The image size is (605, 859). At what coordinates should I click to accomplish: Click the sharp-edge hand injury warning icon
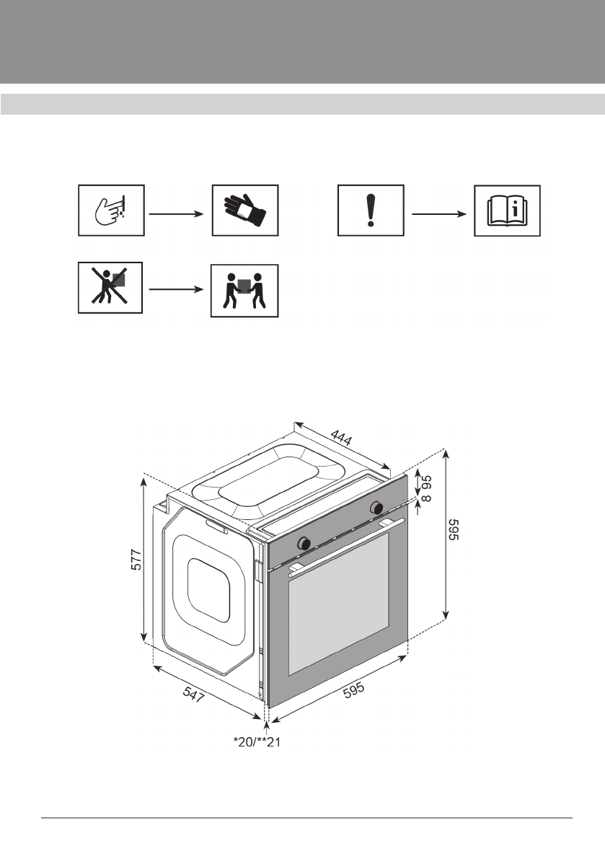(112, 210)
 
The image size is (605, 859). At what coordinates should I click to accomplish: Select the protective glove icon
(244, 210)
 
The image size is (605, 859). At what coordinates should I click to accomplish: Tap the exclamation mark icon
(371, 210)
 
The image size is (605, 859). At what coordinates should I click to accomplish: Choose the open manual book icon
(508, 210)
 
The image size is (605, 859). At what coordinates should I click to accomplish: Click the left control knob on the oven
(306, 542)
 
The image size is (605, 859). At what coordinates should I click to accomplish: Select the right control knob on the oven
(376, 508)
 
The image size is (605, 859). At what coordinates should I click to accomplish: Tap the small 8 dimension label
(426, 499)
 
